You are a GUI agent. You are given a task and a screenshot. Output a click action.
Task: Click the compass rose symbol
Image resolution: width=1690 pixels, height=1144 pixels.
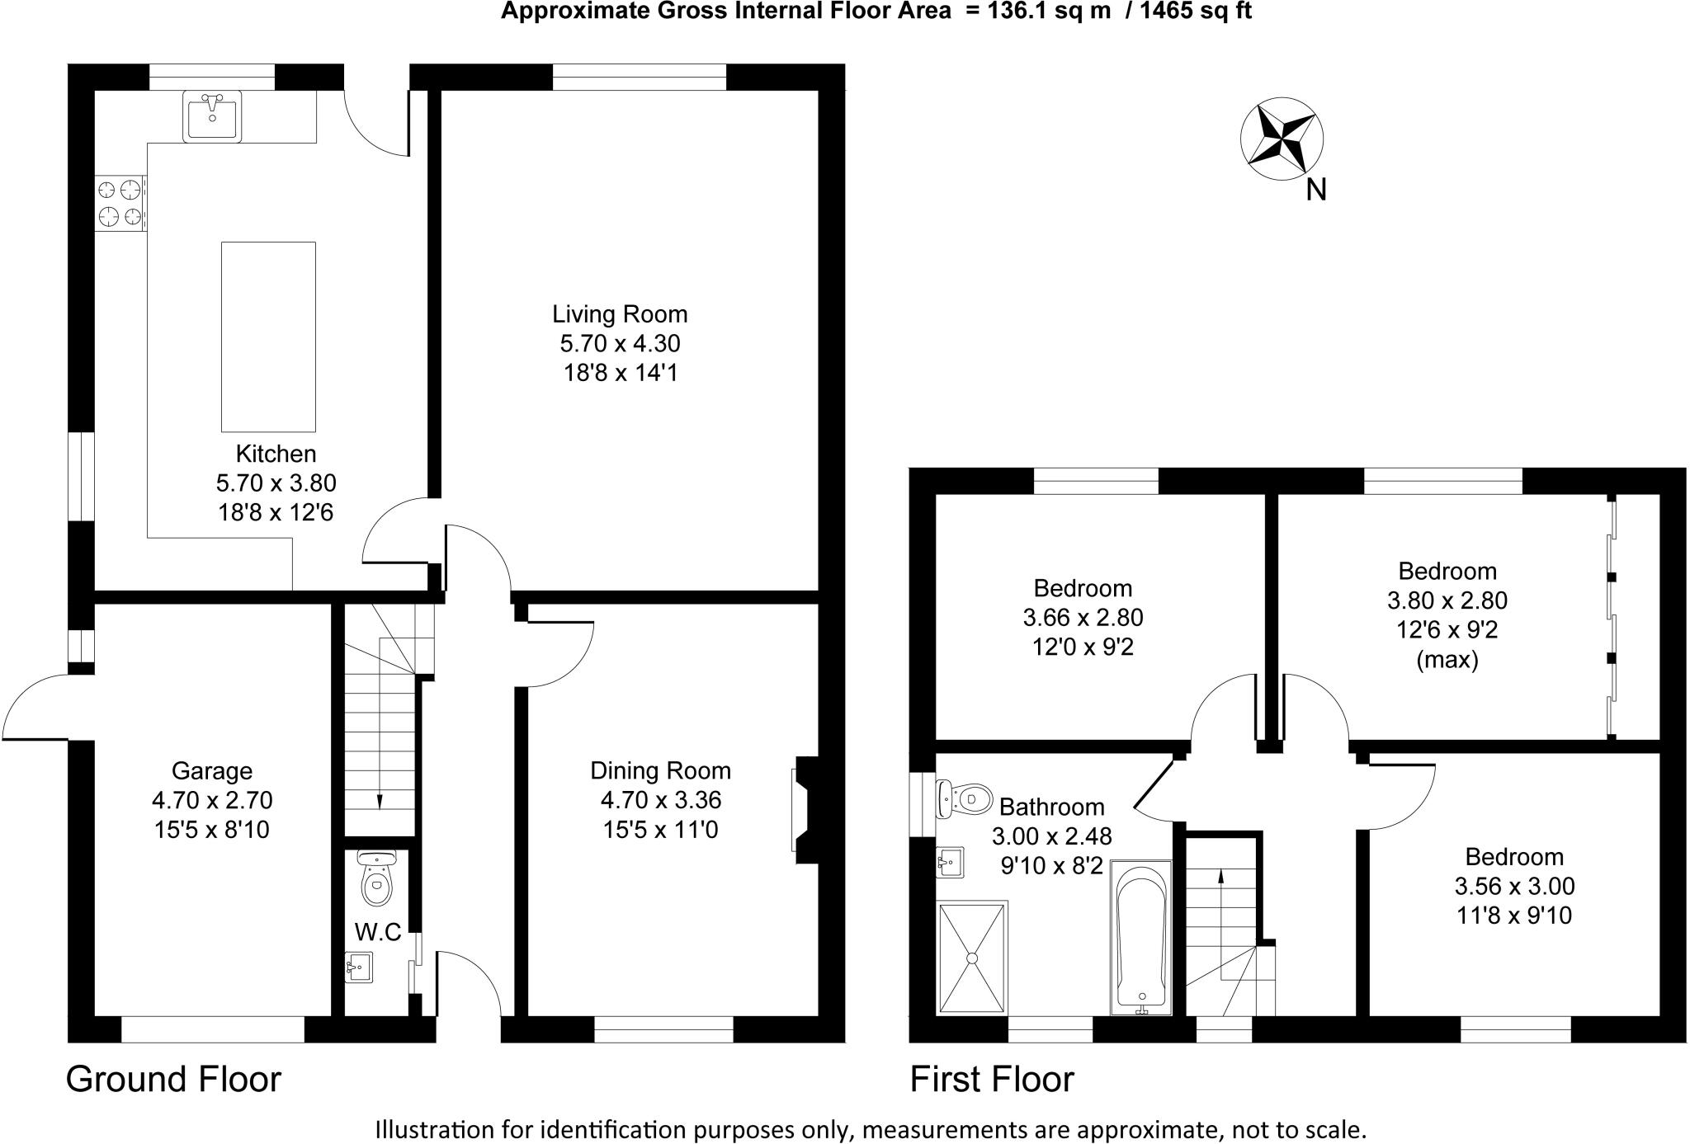pos(1282,139)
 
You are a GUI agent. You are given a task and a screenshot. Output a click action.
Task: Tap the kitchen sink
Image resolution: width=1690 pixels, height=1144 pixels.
pos(212,116)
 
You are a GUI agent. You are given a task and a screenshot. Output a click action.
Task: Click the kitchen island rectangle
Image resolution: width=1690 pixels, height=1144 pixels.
pos(268,337)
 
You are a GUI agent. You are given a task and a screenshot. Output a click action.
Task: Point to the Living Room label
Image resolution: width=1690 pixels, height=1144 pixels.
pos(620,314)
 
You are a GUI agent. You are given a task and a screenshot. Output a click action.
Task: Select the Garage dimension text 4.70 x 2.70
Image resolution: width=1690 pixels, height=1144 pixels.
pos(212,800)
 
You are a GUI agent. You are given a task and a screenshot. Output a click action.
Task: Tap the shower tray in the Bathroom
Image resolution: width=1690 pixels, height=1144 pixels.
pos(972,958)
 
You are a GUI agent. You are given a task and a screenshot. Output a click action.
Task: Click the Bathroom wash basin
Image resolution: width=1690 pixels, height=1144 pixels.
pos(950,863)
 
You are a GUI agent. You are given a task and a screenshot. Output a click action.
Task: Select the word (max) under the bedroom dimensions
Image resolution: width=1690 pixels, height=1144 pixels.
pos(1447,660)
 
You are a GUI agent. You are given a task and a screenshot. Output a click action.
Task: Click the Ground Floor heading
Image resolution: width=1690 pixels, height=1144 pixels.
pos(173,1079)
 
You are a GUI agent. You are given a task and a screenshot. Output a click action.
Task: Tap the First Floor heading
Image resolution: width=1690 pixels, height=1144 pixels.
pos(992,1079)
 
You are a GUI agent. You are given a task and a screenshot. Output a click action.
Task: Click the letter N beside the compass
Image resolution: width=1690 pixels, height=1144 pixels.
pos(1316,191)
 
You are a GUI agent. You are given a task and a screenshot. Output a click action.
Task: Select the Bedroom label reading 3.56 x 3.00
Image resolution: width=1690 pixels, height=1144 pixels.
pos(1514,886)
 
